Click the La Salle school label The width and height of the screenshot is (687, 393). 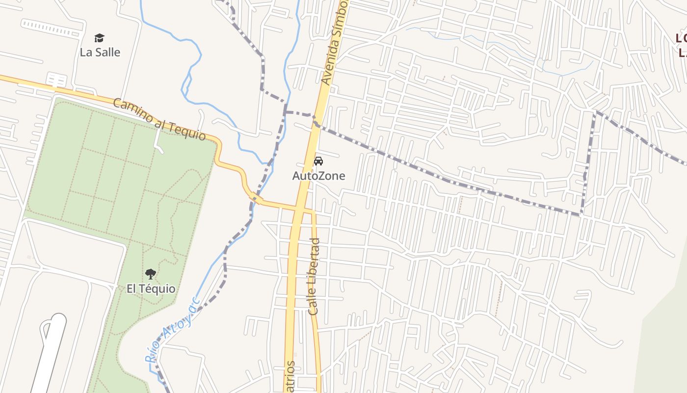pos(100,52)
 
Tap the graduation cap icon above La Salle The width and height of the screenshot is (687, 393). pos(100,38)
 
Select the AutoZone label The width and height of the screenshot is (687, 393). pos(318,175)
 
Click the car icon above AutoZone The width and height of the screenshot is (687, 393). pos(318,161)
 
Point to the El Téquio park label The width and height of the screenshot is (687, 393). pos(151,288)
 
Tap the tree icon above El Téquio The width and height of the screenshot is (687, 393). pos(151,274)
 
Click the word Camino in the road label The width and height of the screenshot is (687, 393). pos(131,111)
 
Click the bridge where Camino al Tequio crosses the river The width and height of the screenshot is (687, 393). pos(256,198)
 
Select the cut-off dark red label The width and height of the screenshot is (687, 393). pos(681,44)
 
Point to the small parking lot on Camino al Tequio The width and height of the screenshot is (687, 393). pos(56,80)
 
